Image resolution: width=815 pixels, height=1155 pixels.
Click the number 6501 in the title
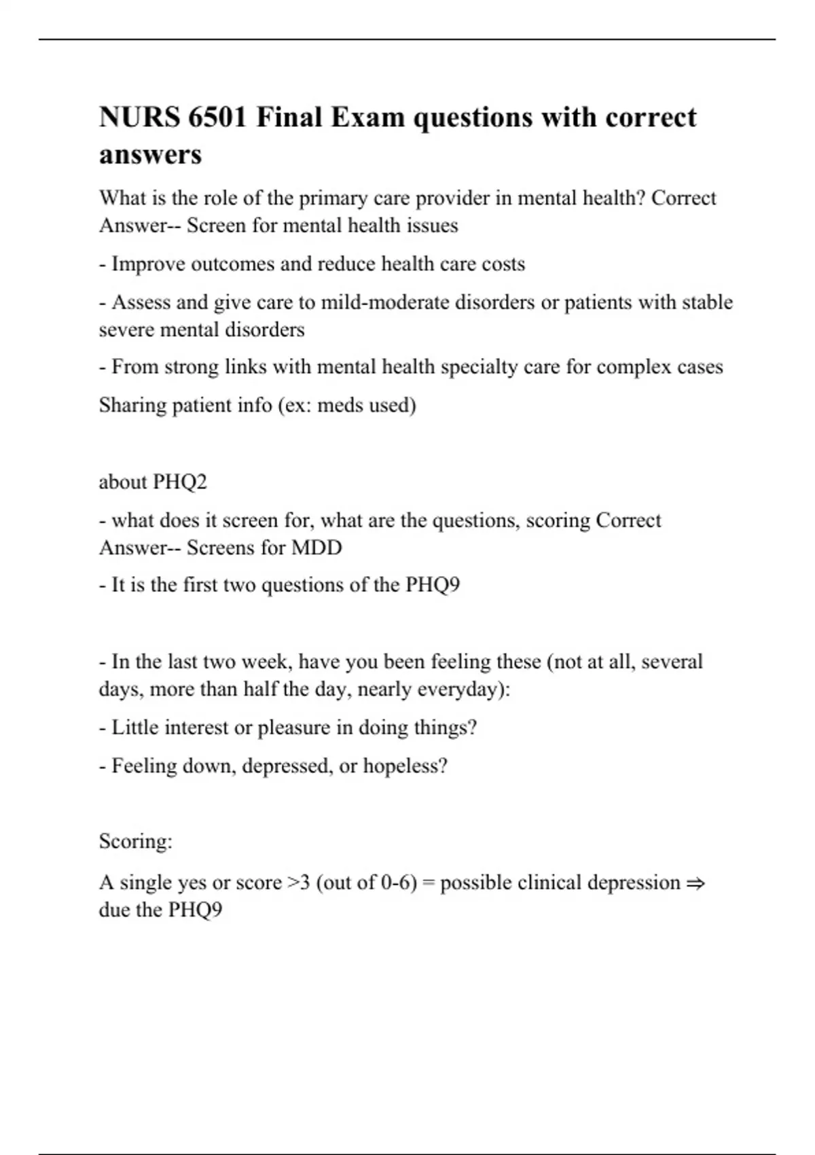point(217,118)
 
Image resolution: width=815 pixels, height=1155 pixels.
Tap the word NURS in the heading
point(138,118)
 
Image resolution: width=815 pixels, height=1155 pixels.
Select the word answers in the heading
point(150,155)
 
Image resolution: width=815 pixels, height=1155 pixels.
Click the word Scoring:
point(136,842)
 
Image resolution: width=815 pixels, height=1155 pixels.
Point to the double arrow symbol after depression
point(695,883)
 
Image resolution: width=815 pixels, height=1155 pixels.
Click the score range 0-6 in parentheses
point(395,883)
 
